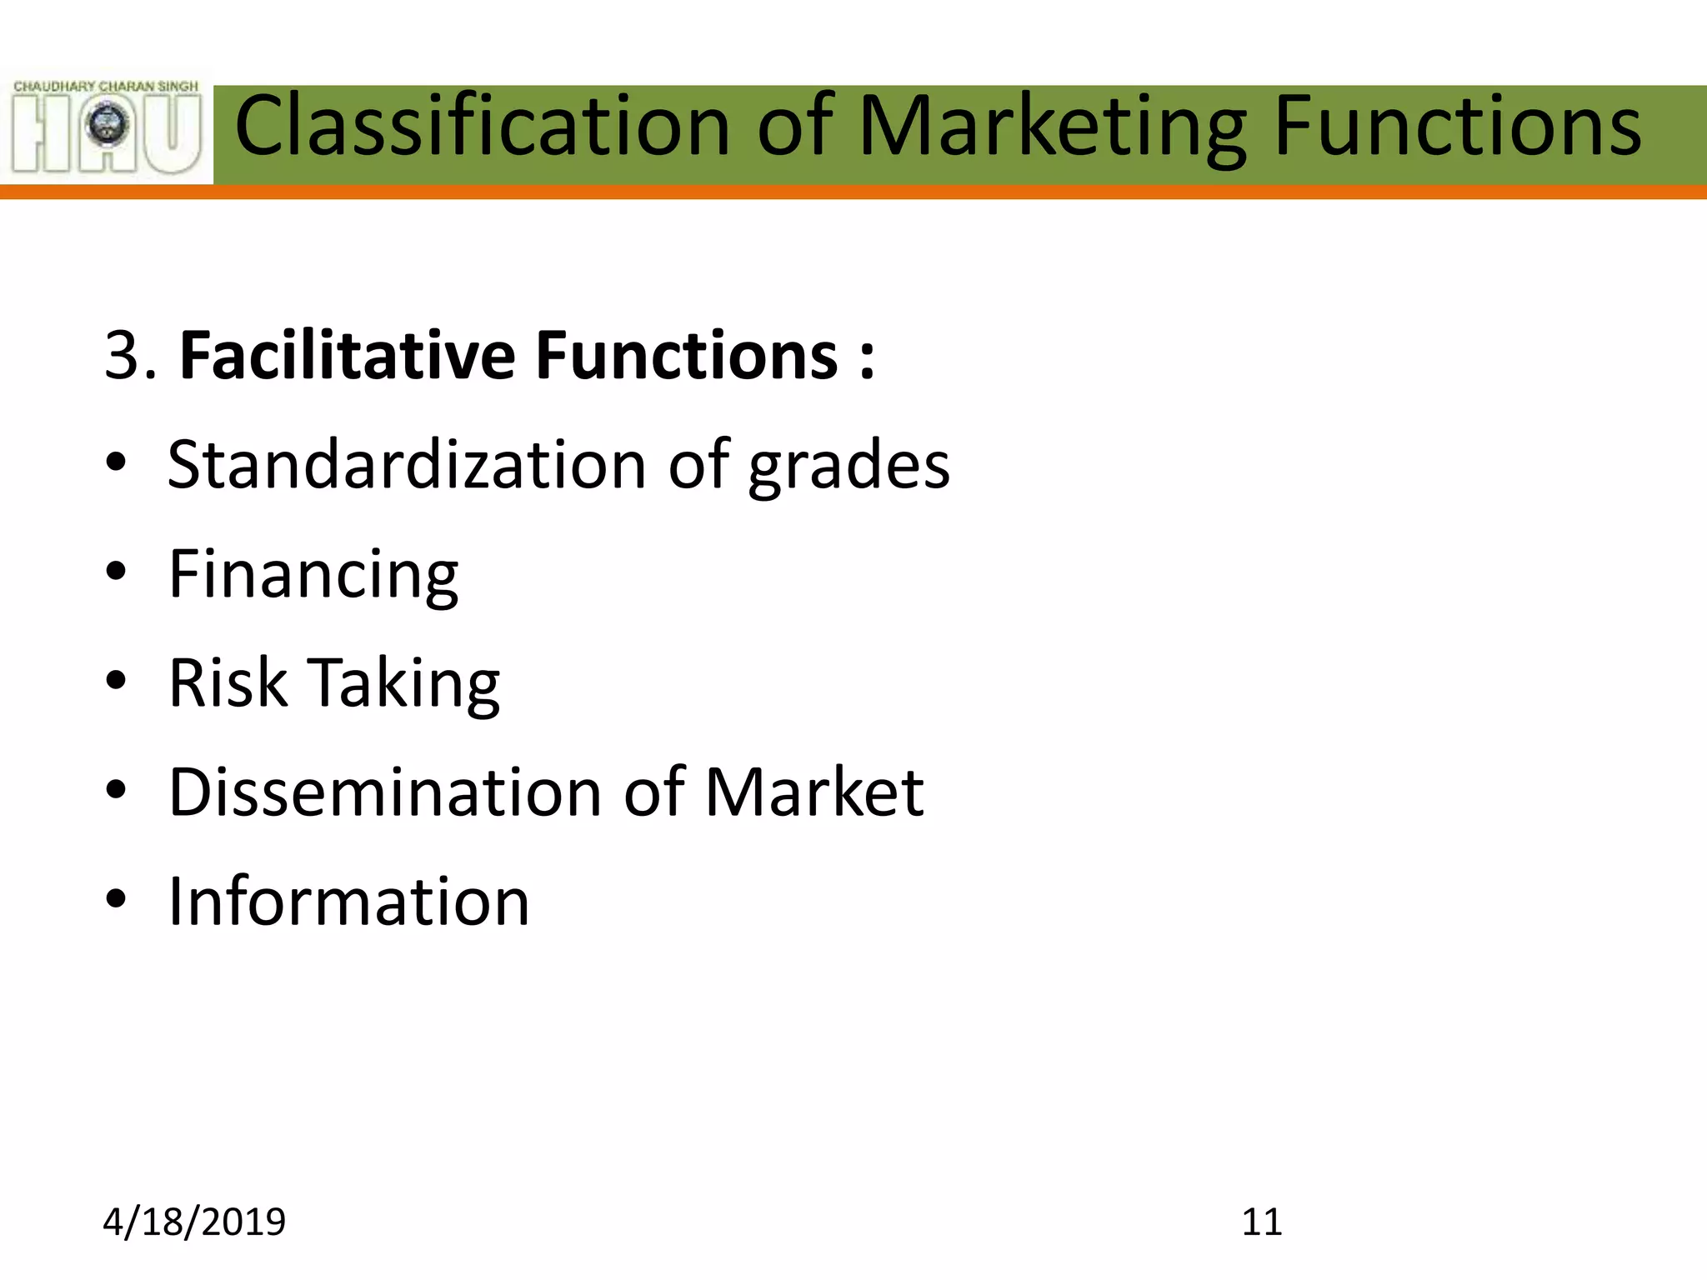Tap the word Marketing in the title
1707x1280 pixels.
(1052, 127)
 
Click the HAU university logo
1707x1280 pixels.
(107, 127)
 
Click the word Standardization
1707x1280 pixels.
(407, 465)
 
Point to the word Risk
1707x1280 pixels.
(228, 683)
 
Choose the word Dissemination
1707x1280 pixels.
(385, 792)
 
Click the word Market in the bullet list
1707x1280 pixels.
(814, 792)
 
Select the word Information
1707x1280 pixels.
(348, 902)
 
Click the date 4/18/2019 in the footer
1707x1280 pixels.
(194, 1222)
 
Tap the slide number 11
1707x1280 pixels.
(1261, 1222)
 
